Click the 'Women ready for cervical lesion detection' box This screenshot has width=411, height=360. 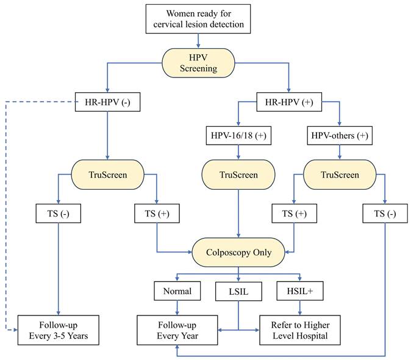tap(198, 19)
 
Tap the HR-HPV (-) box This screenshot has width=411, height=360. tap(108, 102)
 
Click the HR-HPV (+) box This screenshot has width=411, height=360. tap(289, 102)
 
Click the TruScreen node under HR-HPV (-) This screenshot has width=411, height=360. tap(108, 175)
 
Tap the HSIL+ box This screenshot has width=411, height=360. tap(299, 291)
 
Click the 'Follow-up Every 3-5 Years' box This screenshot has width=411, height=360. tap(58, 329)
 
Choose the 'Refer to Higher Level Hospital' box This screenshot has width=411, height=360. tap(299, 329)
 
